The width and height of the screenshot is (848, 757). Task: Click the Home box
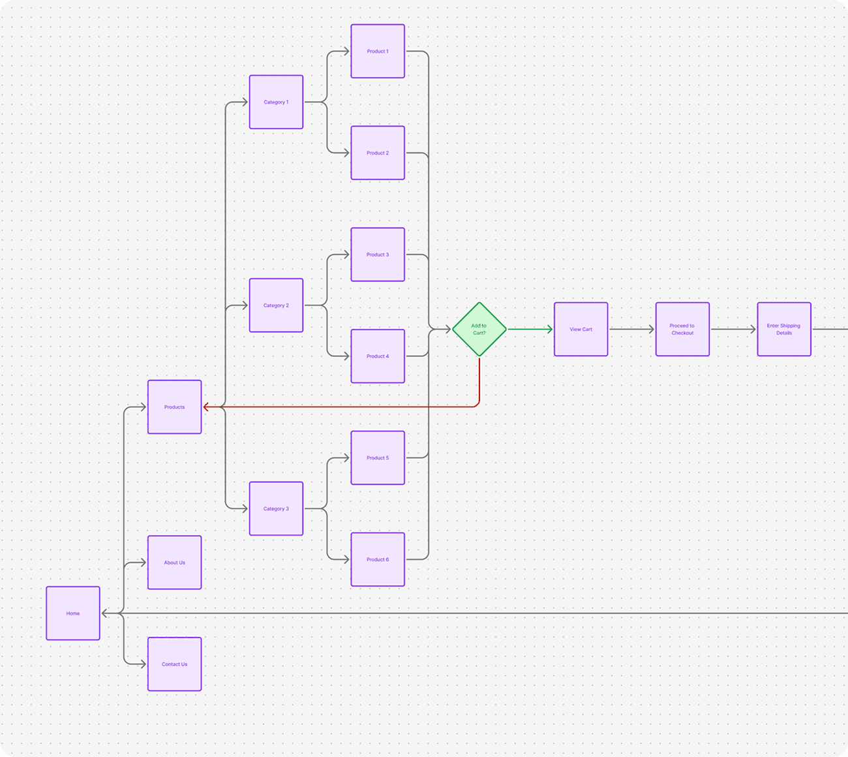(73, 613)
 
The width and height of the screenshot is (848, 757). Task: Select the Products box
(175, 407)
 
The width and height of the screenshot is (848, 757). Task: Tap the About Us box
(175, 563)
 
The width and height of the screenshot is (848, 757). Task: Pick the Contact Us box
(175, 664)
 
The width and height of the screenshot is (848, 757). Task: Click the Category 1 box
(276, 102)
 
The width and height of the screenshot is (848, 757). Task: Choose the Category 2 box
(276, 305)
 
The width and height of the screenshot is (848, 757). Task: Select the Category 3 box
(276, 509)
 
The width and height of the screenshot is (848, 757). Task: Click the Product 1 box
(378, 51)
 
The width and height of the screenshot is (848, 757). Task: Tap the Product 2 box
(378, 153)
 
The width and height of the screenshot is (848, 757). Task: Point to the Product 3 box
(378, 255)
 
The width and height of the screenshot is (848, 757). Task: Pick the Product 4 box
(378, 356)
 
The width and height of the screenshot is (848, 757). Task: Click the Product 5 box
(378, 457)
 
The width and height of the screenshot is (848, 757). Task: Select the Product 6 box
(378, 559)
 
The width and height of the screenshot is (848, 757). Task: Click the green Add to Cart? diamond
(479, 329)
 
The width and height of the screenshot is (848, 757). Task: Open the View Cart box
(581, 329)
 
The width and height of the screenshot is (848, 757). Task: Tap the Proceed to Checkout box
(683, 329)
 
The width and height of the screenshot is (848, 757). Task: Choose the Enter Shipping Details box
(784, 329)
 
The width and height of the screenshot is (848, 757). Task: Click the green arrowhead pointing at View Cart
(550, 329)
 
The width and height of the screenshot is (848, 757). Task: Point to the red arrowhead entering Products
(206, 407)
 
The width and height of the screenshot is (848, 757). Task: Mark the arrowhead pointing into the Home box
(104, 613)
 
